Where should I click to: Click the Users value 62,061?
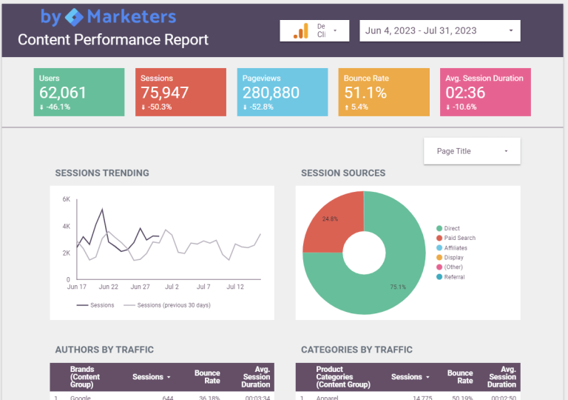click(63, 93)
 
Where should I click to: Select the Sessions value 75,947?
click(164, 93)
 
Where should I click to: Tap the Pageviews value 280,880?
click(271, 93)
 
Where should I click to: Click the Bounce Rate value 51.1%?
click(365, 93)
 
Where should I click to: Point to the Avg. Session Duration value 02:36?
click(465, 93)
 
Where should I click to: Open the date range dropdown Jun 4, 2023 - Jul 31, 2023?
click(440, 31)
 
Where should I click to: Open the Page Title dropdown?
click(472, 151)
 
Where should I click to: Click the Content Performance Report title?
click(113, 40)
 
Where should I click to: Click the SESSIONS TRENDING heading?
click(102, 173)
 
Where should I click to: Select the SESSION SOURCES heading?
click(343, 173)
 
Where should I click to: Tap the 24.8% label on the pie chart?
click(330, 219)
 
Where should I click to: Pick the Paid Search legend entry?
click(459, 239)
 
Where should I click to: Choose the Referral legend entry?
click(454, 277)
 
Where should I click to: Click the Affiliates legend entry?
click(456, 248)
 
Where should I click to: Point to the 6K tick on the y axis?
click(66, 200)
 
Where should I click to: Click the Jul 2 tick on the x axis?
click(172, 286)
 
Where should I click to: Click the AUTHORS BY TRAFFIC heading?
click(104, 350)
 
